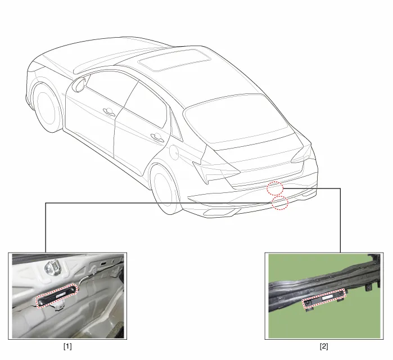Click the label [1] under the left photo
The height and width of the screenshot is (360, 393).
(x=67, y=346)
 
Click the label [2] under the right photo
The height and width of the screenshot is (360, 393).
(x=324, y=346)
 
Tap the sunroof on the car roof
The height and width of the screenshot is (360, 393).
(x=175, y=60)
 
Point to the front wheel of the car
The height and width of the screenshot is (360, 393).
(x=47, y=107)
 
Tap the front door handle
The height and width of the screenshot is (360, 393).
(x=109, y=111)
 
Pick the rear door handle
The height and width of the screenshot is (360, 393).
(x=157, y=137)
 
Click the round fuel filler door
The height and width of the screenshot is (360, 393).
(x=174, y=152)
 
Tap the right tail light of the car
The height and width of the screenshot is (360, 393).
(x=302, y=154)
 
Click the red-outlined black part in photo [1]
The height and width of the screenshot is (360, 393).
(x=57, y=295)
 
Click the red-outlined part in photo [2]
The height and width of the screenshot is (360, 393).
(x=324, y=298)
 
